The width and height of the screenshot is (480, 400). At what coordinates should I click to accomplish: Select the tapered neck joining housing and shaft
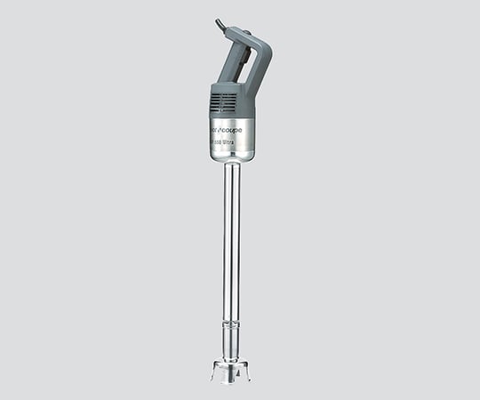(233, 166)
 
